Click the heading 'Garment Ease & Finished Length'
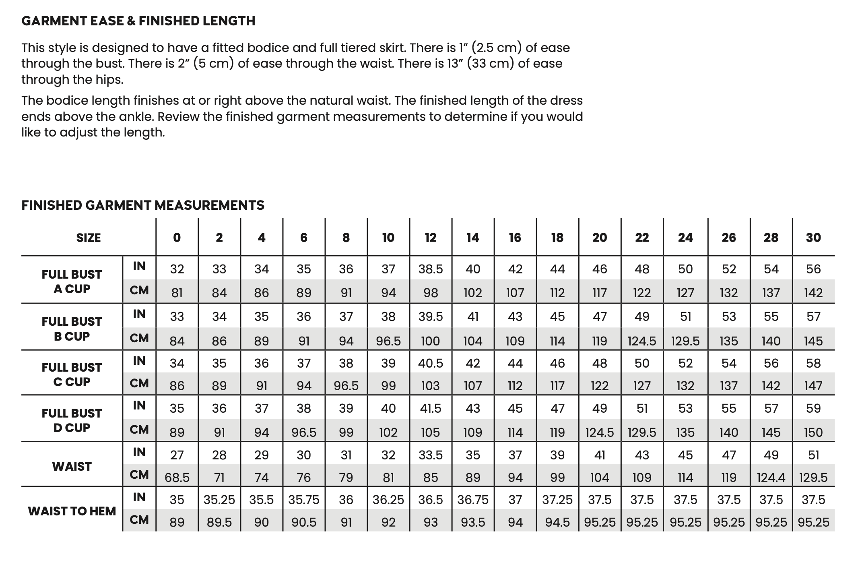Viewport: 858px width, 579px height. click(138, 21)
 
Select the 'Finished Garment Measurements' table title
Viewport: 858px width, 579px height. click(143, 205)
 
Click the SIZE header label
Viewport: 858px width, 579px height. click(89, 238)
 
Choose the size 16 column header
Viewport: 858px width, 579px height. click(515, 238)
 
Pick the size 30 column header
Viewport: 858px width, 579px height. click(813, 238)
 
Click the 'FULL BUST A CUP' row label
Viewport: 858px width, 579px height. click(72, 281)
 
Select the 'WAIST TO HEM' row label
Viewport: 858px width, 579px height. click(72, 511)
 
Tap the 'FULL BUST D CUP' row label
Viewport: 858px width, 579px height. click(72, 420)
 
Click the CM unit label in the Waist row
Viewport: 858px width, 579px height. click(139, 475)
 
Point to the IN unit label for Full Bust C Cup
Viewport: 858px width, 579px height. click(139, 361)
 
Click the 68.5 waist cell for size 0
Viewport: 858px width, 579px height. click(177, 478)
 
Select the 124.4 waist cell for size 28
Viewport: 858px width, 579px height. click(771, 478)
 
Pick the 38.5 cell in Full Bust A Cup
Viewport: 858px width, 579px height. click(430, 269)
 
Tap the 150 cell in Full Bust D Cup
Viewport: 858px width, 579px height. click(813, 432)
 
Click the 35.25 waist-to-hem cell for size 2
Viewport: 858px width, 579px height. click(219, 500)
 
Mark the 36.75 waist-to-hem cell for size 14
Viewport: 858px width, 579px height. click(472, 500)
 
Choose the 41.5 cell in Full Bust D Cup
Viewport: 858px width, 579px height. click(430, 409)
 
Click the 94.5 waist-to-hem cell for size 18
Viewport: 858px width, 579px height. click(557, 523)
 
